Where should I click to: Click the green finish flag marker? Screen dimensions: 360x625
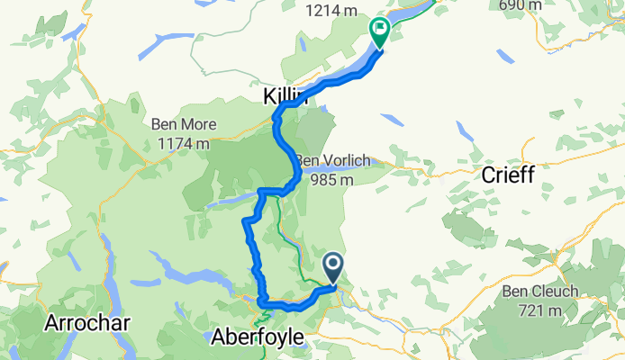point(379,33)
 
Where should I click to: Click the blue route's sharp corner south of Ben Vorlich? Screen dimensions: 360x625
point(261,192)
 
